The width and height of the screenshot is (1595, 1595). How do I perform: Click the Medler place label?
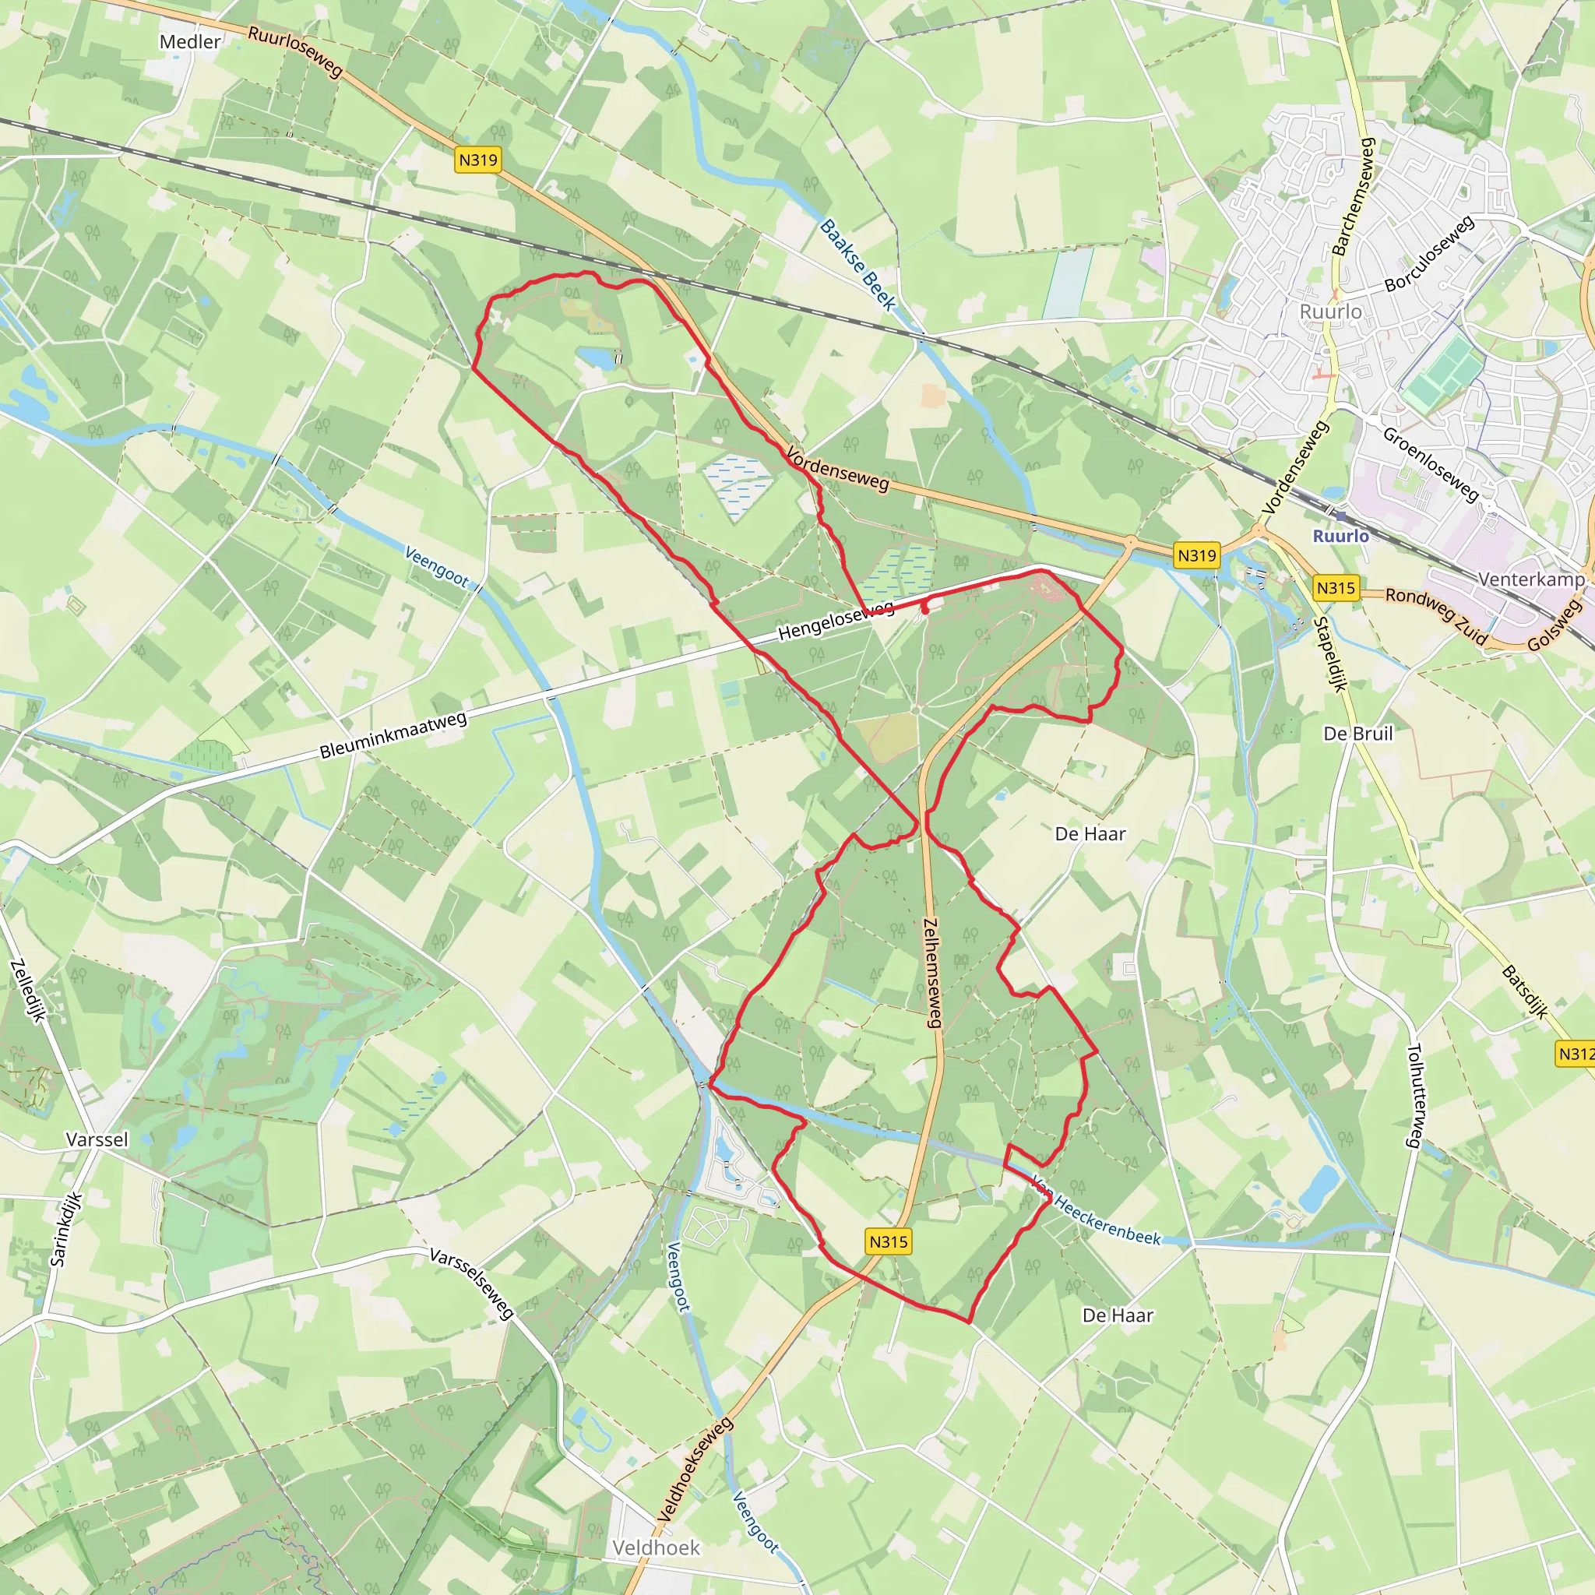pyautogui.click(x=190, y=41)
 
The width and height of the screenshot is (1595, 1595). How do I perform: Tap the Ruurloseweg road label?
pyautogui.click(x=294, y=51)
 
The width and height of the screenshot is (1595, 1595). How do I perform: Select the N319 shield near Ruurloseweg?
pyautogui.click(x=478, y=160)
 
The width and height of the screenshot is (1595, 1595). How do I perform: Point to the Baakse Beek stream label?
pyautogui.click(x=857, y=265)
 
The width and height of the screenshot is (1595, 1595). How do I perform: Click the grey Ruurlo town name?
pyautogui.click(x=1330, y=312)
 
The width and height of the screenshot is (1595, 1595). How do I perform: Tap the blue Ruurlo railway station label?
pyautogui.click(x=1341, y=536)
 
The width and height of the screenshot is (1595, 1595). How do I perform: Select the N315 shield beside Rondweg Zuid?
pyautogui.click(x=1336, y=588)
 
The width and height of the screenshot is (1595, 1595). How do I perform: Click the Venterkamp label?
pyautogui.click(x=1530, y=579)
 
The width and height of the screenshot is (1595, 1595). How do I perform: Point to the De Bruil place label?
pyautogui.click(x=1357, y=733)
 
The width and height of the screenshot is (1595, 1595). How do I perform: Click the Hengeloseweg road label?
pyautogui.click(x=836, y=621)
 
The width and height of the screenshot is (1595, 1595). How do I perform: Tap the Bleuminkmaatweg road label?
pyautogui.click(x=393, y=734)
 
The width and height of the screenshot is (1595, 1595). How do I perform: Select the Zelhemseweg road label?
pyautogui.click(x=932, y=973)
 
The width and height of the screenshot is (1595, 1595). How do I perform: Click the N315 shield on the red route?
pyautogui.click(x=889, y=1241)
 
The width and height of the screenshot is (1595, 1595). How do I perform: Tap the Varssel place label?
pyautogui.click(x=97, y=1139)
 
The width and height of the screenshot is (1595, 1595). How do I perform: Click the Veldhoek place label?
pyautogui.click(x=657, y=1548)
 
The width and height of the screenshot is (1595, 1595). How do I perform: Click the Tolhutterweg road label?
pyautogui.click(x=1414, y=1096)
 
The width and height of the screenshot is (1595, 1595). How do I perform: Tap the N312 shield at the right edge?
pyautogui.click(x=1576, y=1054)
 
